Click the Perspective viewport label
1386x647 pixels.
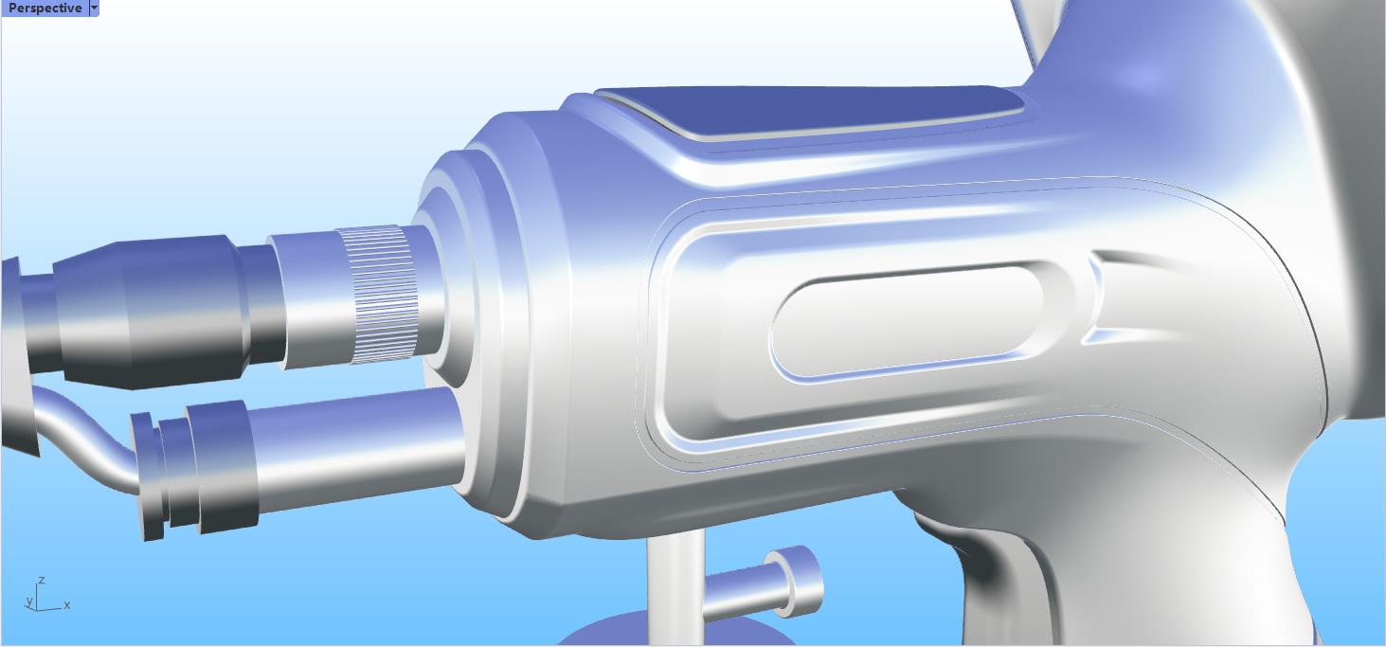(x=45, y=8)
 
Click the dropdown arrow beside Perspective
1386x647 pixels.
(x=94, y=8)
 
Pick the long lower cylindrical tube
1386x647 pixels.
(x=360, y=445)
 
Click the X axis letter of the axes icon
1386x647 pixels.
(x=67, y=605)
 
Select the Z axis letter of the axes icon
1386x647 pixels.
(x=42, y=580)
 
